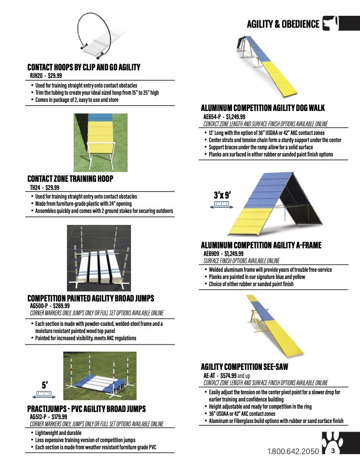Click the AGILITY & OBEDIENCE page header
(x=283, y=24)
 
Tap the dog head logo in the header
(x=330, y=23)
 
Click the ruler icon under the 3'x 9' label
(x=222, y=204)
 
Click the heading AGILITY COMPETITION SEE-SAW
(x=244, y=368)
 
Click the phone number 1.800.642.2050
(x=293, y=451)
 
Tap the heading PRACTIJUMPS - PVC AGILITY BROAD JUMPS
(x=87, y=409)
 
